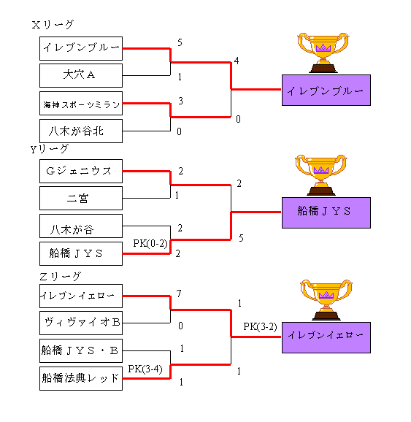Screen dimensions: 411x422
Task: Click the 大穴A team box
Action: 81,75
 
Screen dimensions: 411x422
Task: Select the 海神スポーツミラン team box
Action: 81,104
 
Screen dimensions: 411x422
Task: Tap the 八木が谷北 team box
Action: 81,131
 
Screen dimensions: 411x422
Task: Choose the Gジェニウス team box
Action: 81,171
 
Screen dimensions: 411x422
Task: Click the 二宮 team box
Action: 81,199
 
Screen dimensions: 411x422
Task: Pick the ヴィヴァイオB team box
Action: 81,323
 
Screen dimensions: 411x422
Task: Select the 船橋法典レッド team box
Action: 81,378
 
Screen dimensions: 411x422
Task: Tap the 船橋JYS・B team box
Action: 81,350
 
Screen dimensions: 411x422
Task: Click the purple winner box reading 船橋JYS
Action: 326,212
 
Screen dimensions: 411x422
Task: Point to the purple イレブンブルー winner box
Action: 326,90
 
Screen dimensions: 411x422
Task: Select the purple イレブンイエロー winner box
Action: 326,337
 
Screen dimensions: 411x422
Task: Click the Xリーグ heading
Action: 53,25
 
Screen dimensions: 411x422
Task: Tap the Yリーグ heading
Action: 50,149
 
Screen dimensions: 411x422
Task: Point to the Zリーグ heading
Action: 60,277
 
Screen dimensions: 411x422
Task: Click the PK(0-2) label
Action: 150,244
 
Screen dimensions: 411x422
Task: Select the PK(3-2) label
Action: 261,327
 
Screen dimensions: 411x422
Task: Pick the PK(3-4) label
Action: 145,369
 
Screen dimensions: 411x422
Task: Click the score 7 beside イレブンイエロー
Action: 179,294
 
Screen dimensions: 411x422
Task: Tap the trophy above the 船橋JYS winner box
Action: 321,175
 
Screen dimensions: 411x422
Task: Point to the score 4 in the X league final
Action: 237,61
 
